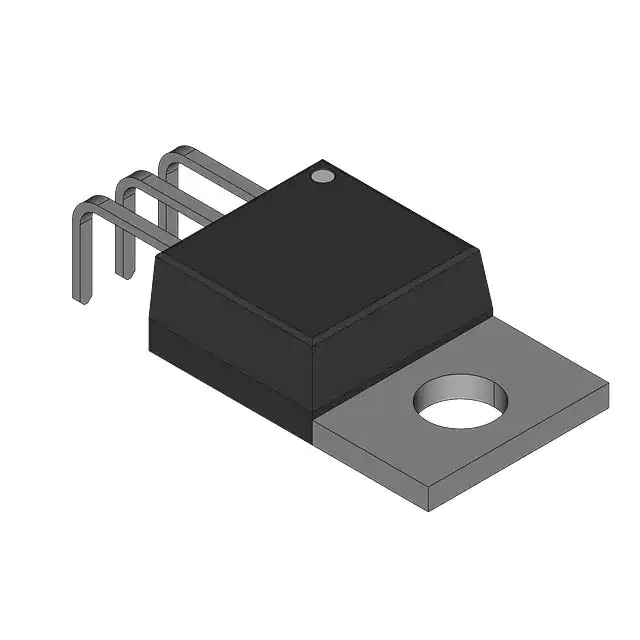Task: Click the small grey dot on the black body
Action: [322, 176]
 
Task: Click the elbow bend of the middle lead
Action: [126, 181]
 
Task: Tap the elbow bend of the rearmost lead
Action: [171, 156]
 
